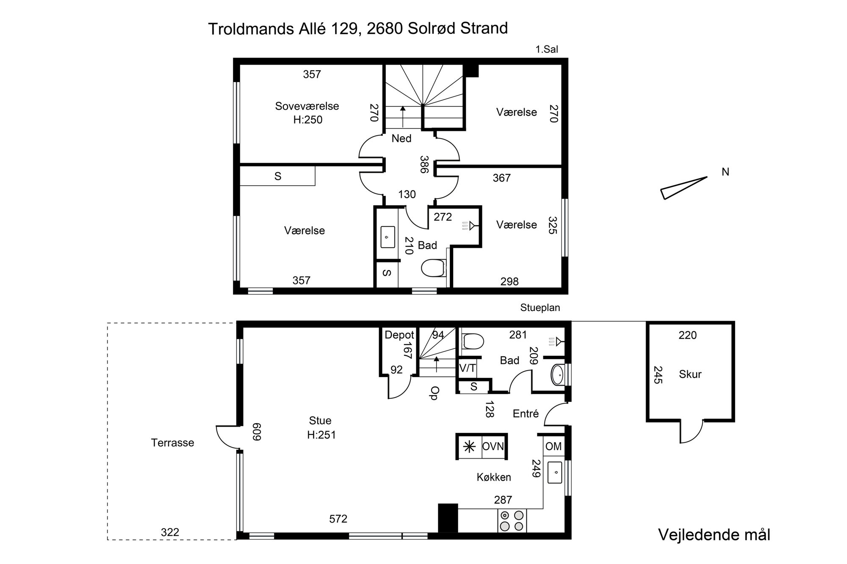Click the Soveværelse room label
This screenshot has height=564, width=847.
(x=307, y=106)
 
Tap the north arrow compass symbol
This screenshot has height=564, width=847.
(x=684, y=188)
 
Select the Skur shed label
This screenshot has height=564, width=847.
(x=690, y=374)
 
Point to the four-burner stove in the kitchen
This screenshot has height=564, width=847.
(x=512, y=520)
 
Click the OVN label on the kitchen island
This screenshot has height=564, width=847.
(x=493, y=446)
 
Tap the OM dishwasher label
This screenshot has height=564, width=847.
(x=554, y=446)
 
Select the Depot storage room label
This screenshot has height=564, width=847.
(x=399, y=335)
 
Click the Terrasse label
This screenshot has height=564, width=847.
(x=172, y=443)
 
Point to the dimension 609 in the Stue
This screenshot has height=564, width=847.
(x=257, y=432)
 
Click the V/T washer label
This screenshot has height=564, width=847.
(x=467, y=369)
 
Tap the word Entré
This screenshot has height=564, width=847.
(x=526, y=413)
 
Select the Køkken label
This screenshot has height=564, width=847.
(x=494, y=477)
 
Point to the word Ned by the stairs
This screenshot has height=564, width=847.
(x=401, y=138)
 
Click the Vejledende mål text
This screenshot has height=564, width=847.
(x=714, y=535)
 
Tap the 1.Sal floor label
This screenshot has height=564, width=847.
(x=547, y=50)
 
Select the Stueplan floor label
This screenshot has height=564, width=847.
(x=540, y=308)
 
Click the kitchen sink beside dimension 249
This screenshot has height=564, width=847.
(x=555, y=473)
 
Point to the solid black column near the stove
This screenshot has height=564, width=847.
(x=448, y=518)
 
